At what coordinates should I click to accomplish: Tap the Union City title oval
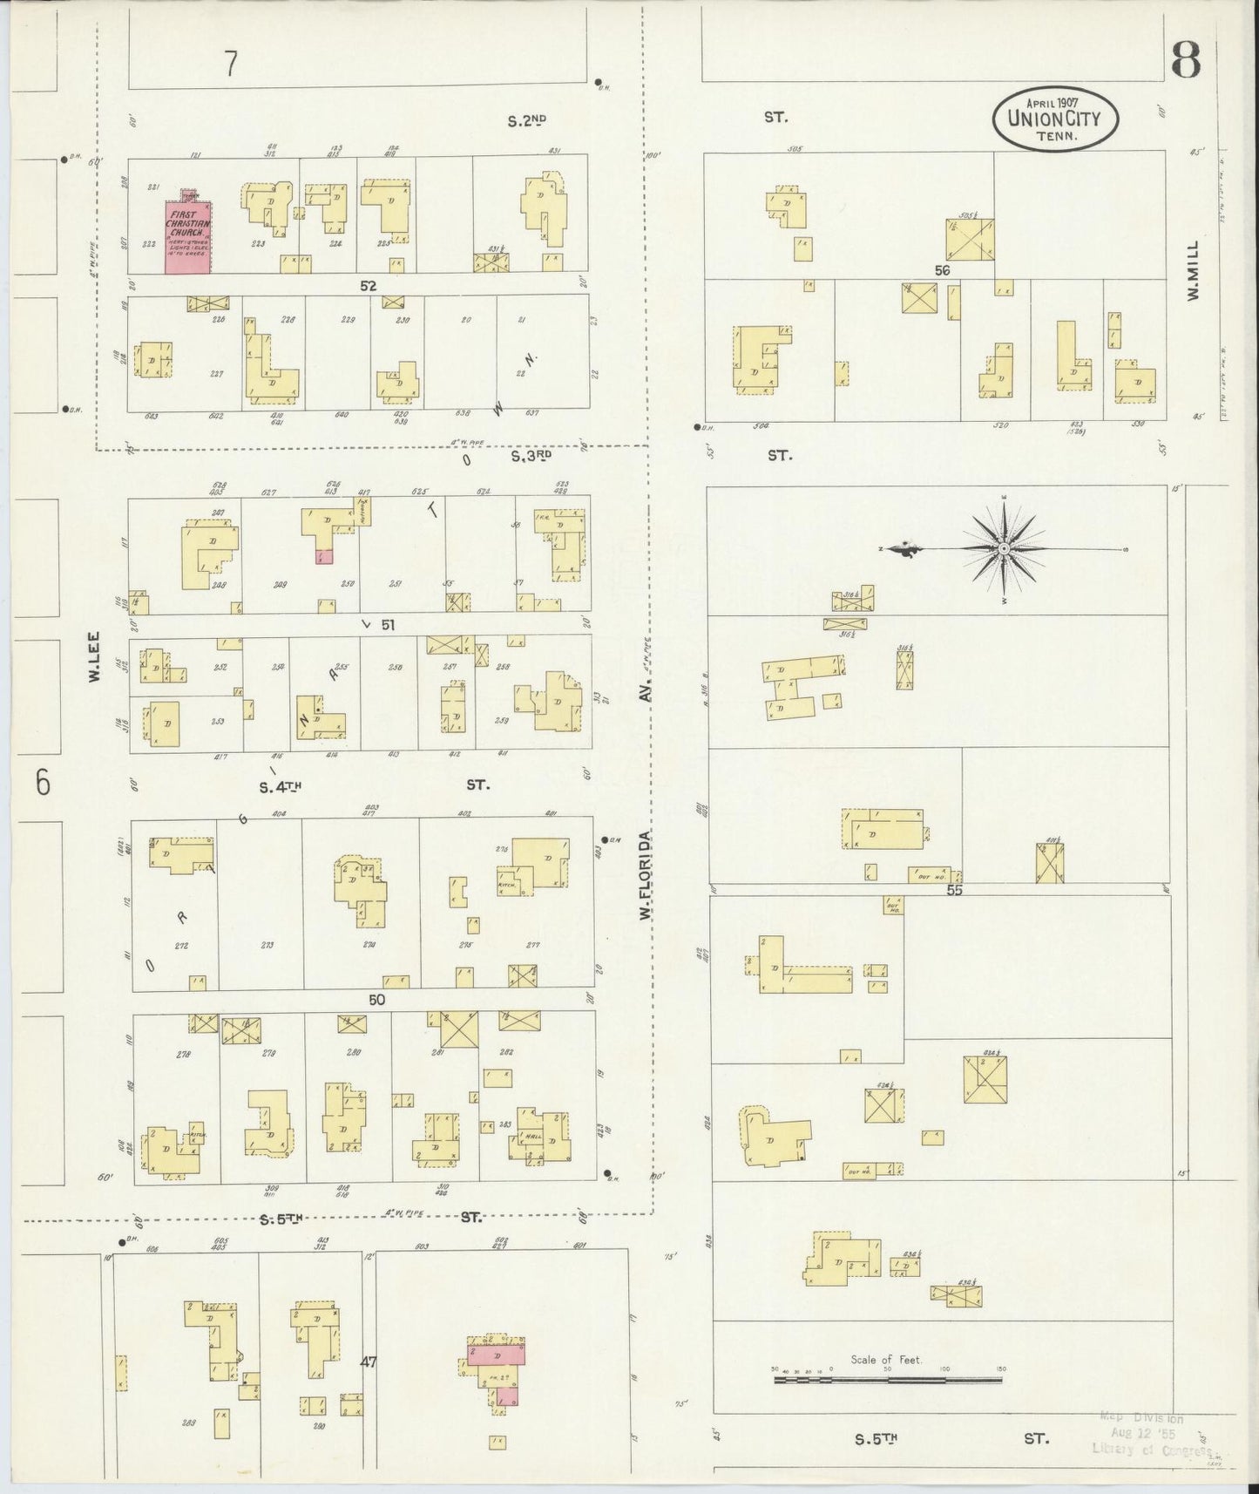coord(1054,118)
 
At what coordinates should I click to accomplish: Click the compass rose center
coord(1004,548)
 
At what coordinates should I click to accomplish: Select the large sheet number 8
coord(1186,59)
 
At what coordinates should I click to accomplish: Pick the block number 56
coord(941,270)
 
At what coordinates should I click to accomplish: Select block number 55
coord(954,891)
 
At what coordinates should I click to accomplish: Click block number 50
coord(376,1000)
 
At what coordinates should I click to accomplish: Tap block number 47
coord(369,1362)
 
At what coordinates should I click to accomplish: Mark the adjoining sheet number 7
coord(230,64)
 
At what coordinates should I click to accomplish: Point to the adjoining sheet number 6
coord(43,783)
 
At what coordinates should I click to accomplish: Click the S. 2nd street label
coord(526,121)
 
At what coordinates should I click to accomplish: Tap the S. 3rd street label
coord(531,455)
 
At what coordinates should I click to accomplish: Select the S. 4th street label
coord(280,787)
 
